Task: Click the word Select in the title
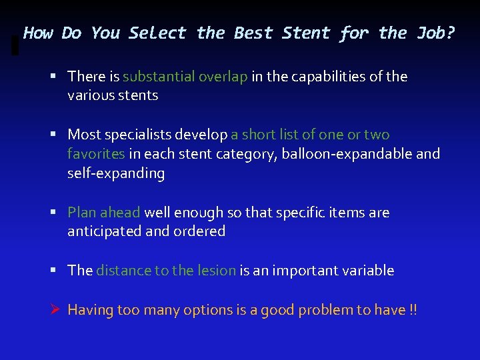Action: tap(157, 33)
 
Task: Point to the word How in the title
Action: tap(38, 33)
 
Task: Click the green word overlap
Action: tap(223, 77)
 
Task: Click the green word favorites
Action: tap(96, 154)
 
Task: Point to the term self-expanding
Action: tap(115, 173)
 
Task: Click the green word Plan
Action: tap(82, 213)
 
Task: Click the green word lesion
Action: tap(216, 271)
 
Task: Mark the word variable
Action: tap(367, 271)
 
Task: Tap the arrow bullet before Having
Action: tap(56, 310)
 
